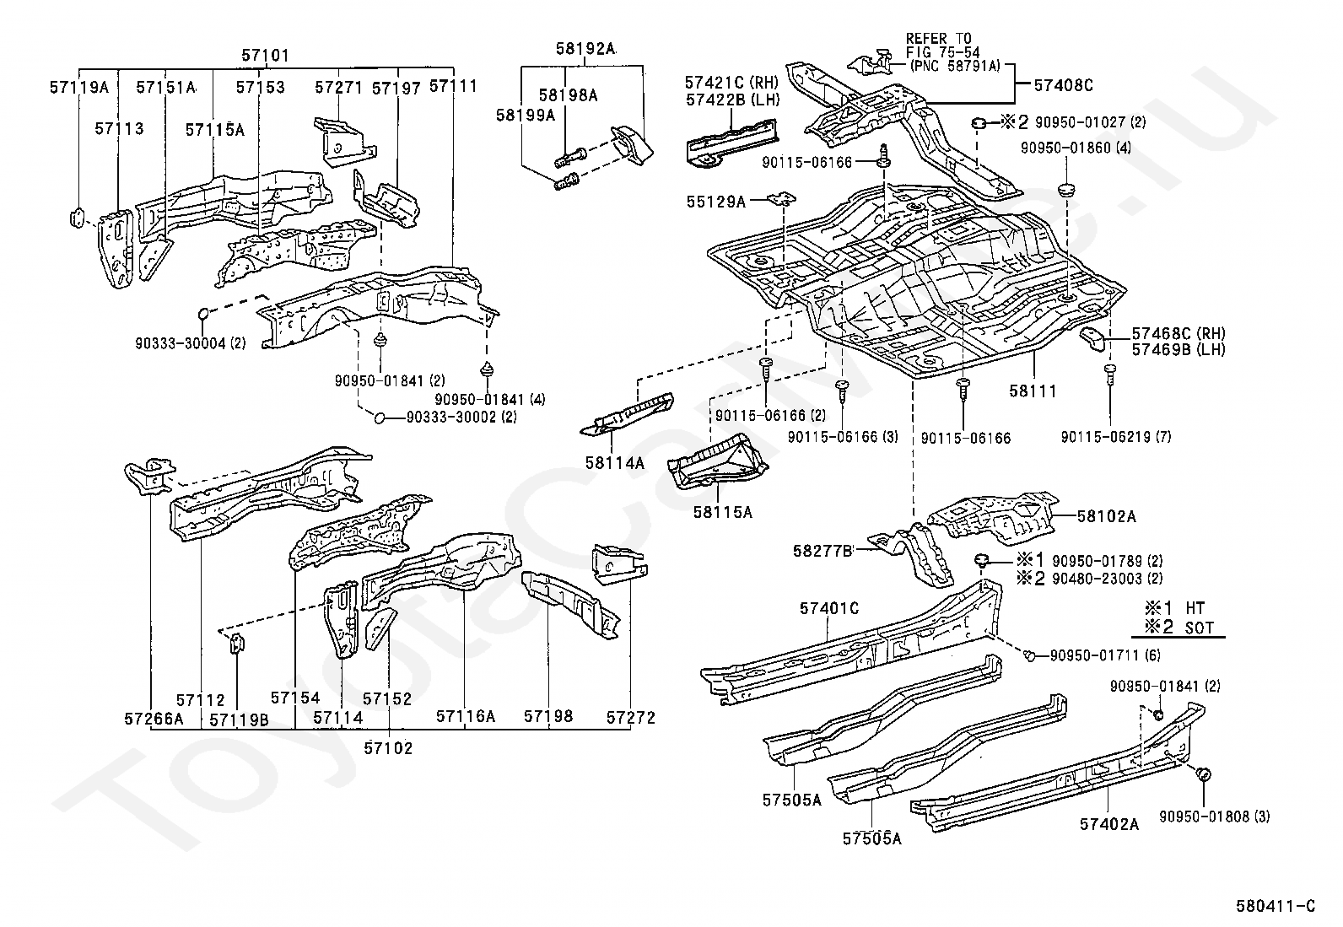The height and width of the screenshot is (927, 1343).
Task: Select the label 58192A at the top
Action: pyautogui.click(x=585, y=49)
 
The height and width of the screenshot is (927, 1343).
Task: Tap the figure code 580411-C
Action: pyautogui.click(x=1276, y=907)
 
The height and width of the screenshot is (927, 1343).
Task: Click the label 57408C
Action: pyautogui.click(x=1062, y=85)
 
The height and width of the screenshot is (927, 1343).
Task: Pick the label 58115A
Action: pyautogui.click(x=723, y=511)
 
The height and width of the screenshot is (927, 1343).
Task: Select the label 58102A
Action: pyautogui.click(x=1107, y=516)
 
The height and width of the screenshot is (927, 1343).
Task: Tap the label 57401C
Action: pyautogui.click(x=829, y=608)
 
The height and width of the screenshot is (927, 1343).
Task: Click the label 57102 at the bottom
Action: pyautogui.click(x=389, y=747)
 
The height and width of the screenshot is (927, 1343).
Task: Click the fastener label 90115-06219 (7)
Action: pyautogui.click(x=1115, y=436)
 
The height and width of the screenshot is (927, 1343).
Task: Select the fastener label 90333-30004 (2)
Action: pyautogui.click(x=190, y=343)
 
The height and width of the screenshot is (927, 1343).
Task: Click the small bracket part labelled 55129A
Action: pyautogui.click(x=784, y=199)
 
